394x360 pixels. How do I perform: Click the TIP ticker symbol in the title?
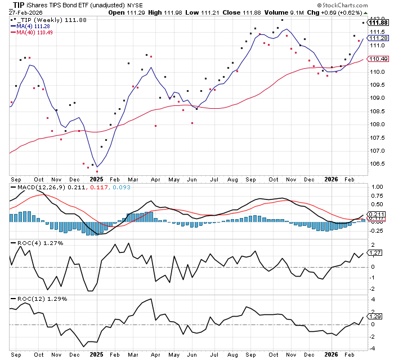pyautogui.click(x=21, y=4)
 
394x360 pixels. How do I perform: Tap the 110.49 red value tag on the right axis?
pyautogui.click(x=376, y=59)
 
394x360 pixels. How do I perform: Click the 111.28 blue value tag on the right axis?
pyautogui.click(x=376, y=38)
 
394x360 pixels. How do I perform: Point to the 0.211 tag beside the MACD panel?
pyautogui.click(x=375, y=215)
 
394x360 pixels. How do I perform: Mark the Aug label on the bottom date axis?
pyautogui.click(x=232, y=355)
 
